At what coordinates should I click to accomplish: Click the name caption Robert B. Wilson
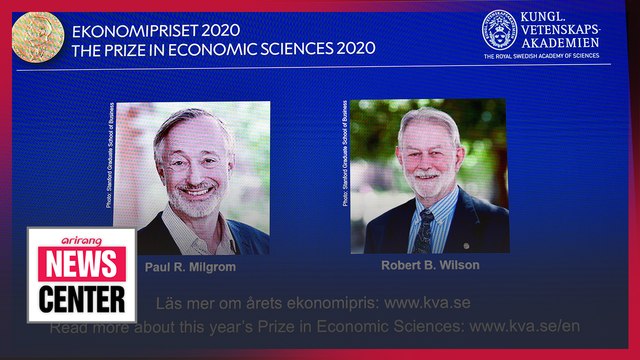pyautogui.click(x=429, y=265)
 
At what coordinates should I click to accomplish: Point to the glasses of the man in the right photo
pyautogui.click(x=427, y=154)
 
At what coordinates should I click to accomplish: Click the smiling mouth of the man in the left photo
pyautogui.click(x=196, y=190)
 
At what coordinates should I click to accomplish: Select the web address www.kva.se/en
pyautogui.click(x=524, y=326)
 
